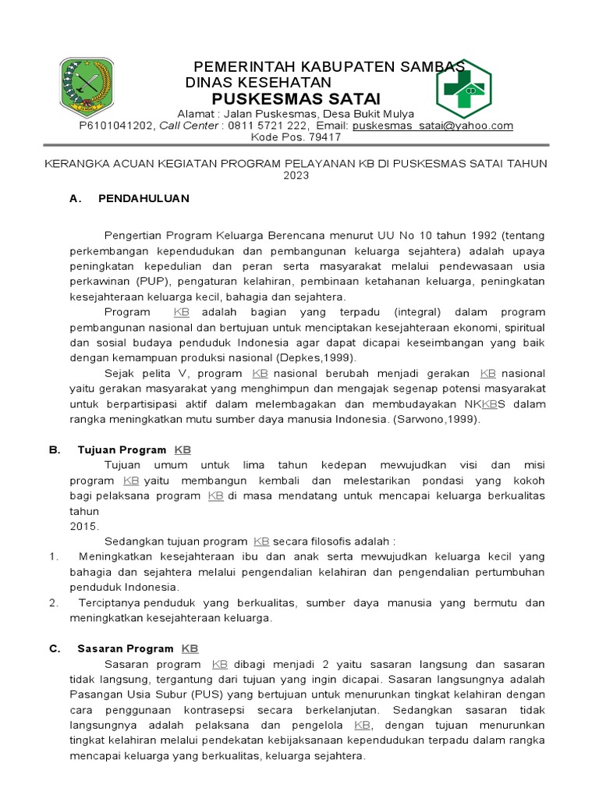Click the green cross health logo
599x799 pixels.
(463, 90)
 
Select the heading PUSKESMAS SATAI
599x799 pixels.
(296, 99)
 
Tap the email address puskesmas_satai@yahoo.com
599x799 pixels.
(432, 126)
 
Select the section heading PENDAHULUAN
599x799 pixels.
(144, 198)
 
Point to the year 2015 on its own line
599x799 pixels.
(85, 526)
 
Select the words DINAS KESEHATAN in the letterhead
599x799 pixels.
(258, 83)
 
